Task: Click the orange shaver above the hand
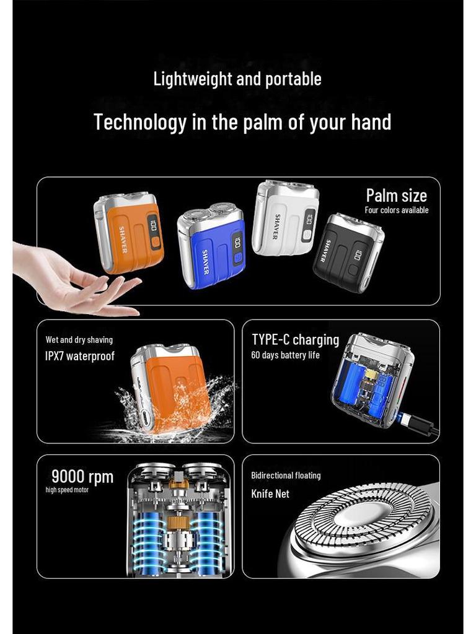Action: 128,233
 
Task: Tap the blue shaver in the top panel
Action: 211,245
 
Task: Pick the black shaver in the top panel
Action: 348,253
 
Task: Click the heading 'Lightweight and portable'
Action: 237,79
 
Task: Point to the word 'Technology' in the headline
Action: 139,122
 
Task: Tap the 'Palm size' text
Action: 396,196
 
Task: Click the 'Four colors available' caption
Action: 396,211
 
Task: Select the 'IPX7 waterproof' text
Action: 80,356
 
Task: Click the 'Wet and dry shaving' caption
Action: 79,340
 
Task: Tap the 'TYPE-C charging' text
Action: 295,340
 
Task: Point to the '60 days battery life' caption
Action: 285,355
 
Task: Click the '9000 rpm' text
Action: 82,477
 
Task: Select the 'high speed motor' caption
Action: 67,490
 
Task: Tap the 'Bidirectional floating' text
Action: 286,475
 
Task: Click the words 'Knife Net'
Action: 270,493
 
